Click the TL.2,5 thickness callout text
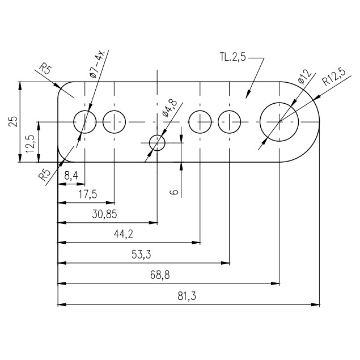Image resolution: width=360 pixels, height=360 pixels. click(232, 57)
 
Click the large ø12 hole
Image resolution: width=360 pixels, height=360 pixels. click(279, 121)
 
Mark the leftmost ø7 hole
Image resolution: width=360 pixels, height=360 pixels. click(85, 121)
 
